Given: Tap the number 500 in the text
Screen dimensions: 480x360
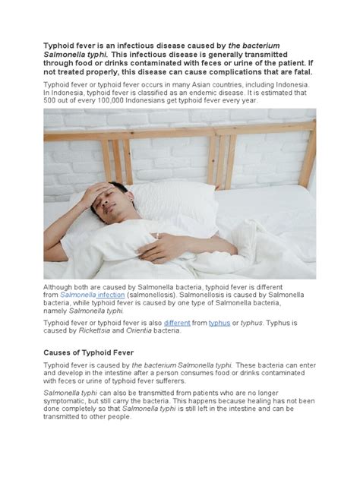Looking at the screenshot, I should [x=52, y=100].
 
